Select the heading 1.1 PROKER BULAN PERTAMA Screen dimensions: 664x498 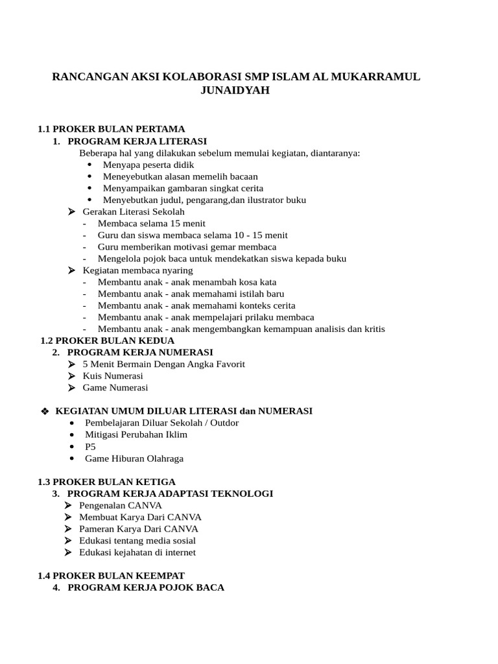click(112, 129)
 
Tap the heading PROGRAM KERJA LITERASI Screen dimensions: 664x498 click(137, 141)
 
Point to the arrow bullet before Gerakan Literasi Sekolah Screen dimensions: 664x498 click(72, 212)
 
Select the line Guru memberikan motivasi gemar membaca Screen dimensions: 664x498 click(187, 247)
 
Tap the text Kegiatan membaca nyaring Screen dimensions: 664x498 click(137, 270)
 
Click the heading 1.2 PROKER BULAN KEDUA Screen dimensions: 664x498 click(108, 340)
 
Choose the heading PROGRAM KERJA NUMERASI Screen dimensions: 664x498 click(140, 352)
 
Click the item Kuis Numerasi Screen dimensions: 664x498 click(113, 376)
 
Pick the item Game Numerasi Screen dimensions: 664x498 click(115, 388)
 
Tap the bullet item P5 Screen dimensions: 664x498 click(90, 447)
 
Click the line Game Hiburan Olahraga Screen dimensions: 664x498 click(134, 458)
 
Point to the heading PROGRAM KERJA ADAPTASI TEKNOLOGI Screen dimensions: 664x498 click(170, 494)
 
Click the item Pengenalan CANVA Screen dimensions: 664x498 click(121, 505)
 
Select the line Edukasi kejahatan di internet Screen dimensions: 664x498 click(137, 552)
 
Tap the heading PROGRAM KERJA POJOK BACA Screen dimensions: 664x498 click(146, 587)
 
